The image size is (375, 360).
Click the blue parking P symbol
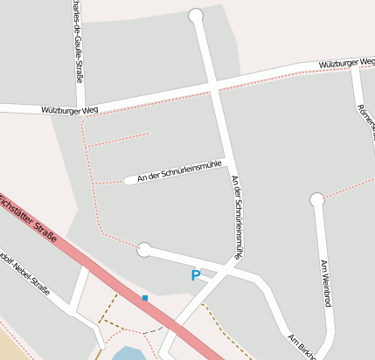coord(196,275)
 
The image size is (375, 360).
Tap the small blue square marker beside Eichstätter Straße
coord(145,298)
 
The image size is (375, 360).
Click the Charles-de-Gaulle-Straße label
coord(79,40)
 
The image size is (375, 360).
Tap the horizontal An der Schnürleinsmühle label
coord(176,170)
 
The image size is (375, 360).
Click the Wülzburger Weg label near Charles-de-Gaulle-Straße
coord(70,109)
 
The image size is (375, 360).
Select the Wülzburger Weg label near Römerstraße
coord(346,63)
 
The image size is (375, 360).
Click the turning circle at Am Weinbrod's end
coord(316,200)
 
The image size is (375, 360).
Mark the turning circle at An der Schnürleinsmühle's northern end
coord(196,15)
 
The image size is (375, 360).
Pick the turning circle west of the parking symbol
coord(144,251)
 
